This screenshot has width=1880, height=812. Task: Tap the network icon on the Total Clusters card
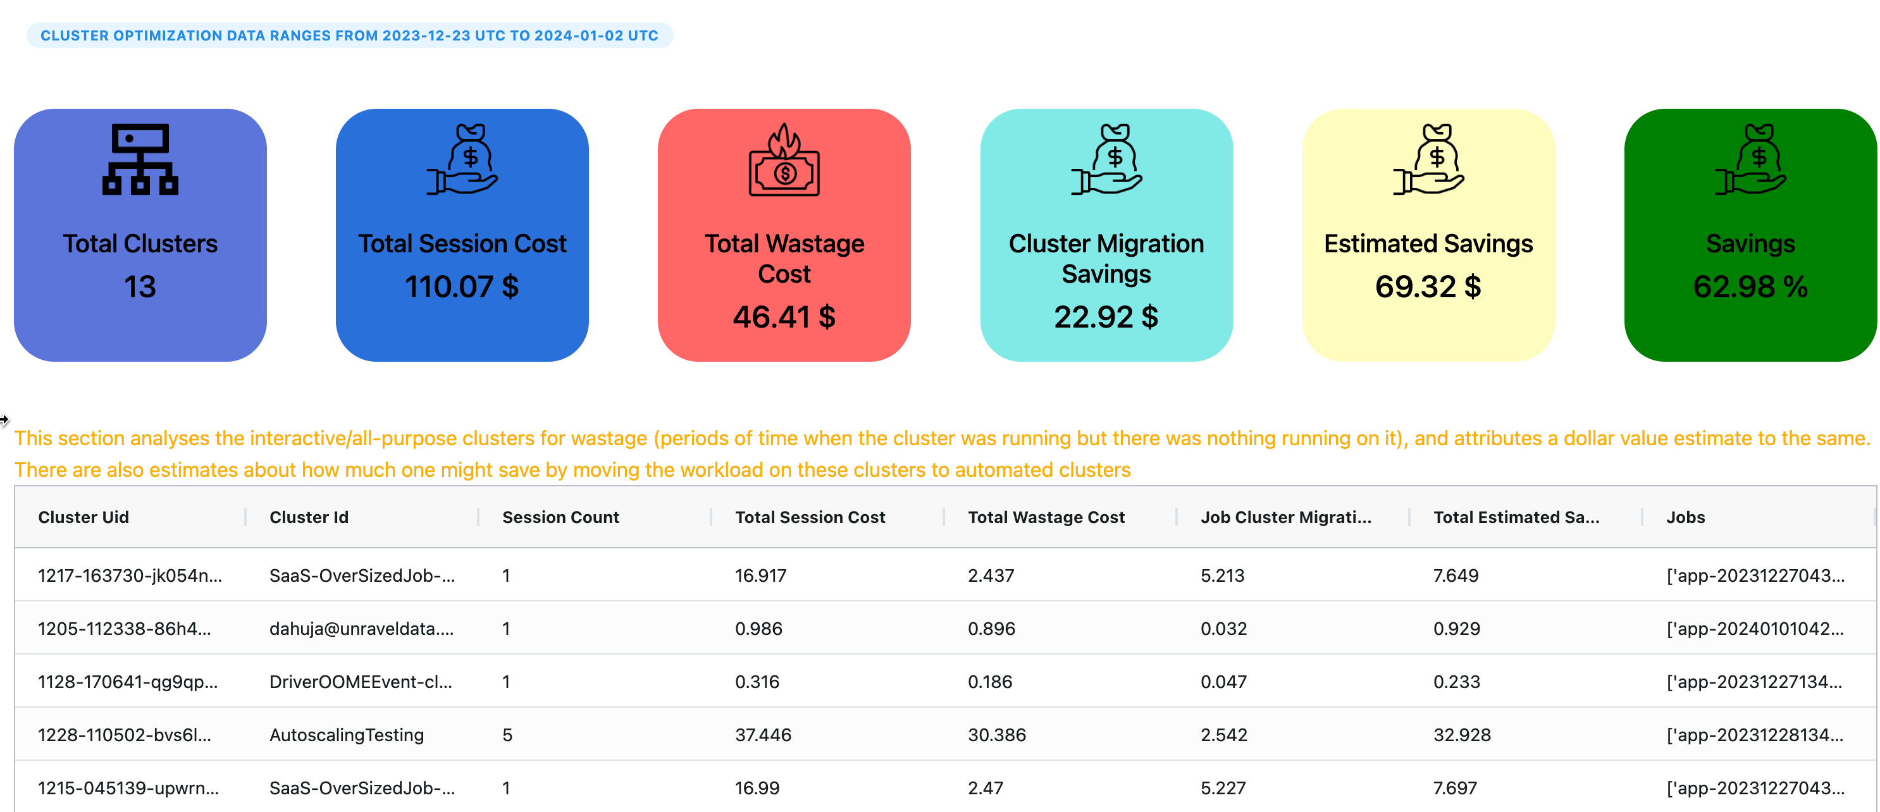pyautogui.click(x=140, y=159)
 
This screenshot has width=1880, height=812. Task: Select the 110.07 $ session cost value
pyautogui.click(x=461, y=286)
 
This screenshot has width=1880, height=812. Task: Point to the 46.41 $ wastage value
pyautogui.click(x=784, y=317)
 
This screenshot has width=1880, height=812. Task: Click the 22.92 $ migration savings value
pyautogui.click(x=1106, y=317)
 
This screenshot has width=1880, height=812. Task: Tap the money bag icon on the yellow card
pyautogui.click(x=1428, y=159)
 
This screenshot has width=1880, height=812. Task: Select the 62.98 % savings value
pyautogui.click(x=1750, y=286)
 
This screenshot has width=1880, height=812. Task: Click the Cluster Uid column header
pyautogui.click(x=83, y=517)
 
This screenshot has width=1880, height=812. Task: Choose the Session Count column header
pyautogui.click(x=560, y=517)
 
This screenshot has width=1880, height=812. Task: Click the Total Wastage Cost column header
pyautogui.click(x=1046, y=517)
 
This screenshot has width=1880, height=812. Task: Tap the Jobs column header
pyautogui.click(x=1685, y=517)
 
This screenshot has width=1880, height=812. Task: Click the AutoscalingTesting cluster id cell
pyautogui.click(x=347, y=735)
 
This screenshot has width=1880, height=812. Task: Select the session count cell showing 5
pyautogui.click(x=507, y=735)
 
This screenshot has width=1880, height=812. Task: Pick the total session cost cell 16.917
pyautogui.click(x=760, y=575)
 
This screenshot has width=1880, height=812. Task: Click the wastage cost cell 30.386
pyautogui.click(x=997, y=735)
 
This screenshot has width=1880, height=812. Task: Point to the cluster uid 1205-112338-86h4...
pyautogui.click(x=124, y=629)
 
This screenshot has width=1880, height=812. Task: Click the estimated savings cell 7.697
pyautogui.click(x=1456, y=788)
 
